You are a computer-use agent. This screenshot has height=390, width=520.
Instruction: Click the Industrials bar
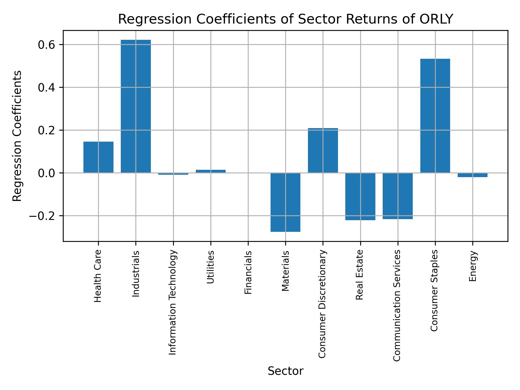coord(136,106)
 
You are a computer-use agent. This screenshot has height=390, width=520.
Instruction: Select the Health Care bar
coord(98,157)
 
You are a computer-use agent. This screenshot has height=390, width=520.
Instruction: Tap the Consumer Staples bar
coord(435,116)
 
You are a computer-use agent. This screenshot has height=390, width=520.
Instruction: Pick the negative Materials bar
coord(285,202)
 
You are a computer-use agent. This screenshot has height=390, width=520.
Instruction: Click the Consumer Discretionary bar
coord(323,150)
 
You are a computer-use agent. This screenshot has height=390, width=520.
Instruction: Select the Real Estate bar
coord(360,196)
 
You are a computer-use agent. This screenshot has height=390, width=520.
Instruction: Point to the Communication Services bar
coord(398,196)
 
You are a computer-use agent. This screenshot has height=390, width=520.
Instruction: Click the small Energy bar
coord(472,175)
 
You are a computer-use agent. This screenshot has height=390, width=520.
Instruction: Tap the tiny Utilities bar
coord(211,171)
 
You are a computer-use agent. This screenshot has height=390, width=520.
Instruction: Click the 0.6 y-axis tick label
coord(47,45)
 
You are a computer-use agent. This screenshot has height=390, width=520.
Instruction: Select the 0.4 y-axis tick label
coord(47,87)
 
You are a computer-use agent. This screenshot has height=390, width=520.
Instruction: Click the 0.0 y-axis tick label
coord(47,173)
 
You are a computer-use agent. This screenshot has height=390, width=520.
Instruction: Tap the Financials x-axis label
coord(248,272)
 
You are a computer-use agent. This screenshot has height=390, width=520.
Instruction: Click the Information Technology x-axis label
coord(173,302)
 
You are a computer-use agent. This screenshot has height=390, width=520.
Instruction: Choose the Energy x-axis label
coord(473,266)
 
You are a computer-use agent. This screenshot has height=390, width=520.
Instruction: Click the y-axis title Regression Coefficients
coord(17,136)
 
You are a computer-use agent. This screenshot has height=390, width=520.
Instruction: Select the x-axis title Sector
coord(285,371)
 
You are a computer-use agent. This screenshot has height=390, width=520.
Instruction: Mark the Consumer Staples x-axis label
coord(434,290)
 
